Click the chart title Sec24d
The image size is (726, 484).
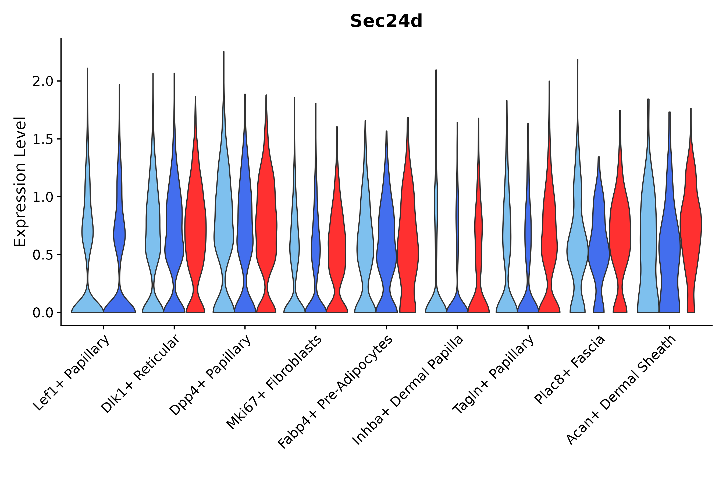point(386,21)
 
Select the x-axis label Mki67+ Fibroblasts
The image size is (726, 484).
point(274,382)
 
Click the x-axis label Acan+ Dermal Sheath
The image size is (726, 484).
point(620,390)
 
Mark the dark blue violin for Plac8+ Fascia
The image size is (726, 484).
point(599,247)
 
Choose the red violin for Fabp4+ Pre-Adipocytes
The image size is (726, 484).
point(408,247)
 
